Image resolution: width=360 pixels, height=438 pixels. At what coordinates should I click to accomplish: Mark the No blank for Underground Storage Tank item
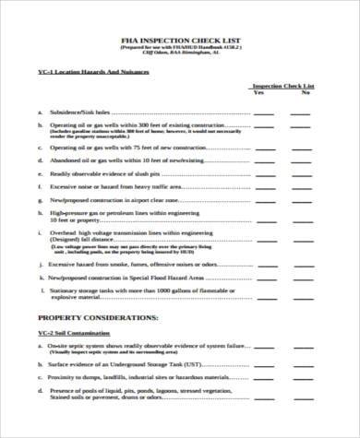coord(302,363)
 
